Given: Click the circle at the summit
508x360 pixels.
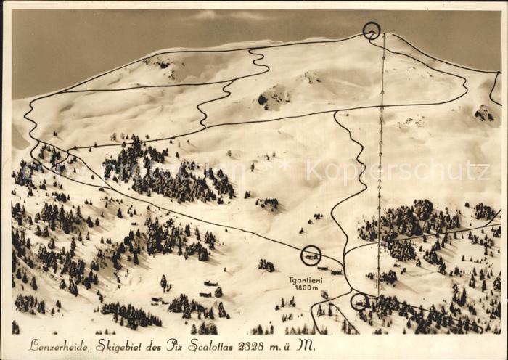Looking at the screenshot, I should pos(372,30).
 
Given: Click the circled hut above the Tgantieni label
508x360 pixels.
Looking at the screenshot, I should pos(311,255).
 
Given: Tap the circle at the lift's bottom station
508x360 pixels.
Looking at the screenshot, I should pos(359,301).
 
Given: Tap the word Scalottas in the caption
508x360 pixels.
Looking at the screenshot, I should pos(214,345).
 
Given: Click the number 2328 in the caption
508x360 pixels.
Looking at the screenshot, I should pos(255,345).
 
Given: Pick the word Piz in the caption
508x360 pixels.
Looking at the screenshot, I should pos(175,345).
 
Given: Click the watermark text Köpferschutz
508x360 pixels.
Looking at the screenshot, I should pos(397,171).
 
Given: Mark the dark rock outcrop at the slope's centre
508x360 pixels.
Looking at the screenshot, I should pos(274,97).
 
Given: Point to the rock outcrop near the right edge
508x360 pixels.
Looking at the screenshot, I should pos(484,113).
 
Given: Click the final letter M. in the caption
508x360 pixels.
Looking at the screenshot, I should pos(307,345).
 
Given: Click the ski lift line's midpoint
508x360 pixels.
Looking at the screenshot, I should pos(380,163).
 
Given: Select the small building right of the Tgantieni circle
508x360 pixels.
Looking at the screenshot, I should pos(336,271).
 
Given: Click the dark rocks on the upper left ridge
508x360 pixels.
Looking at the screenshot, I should pos(161,64).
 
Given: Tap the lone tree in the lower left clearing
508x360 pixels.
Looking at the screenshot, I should pos(163,282).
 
